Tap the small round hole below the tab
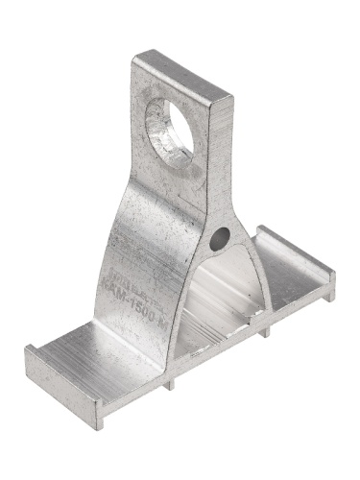223,235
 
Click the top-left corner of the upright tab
134,59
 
